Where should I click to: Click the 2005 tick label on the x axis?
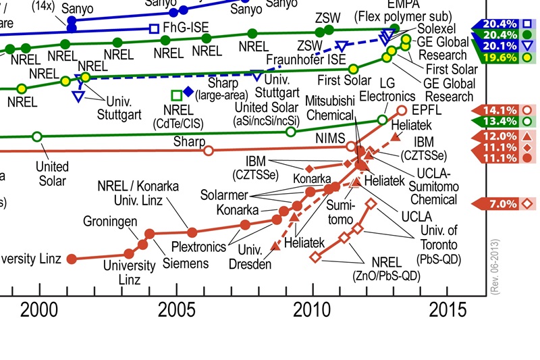click(x=177, y=311)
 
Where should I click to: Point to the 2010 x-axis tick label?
click(x=313, y=311)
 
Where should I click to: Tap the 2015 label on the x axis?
click(x=448, y=311)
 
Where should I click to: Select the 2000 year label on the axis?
click(x=40, y=311)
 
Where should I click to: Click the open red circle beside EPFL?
click(x=402, y=109)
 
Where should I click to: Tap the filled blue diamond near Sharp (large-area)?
click(x=188, y=93)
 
